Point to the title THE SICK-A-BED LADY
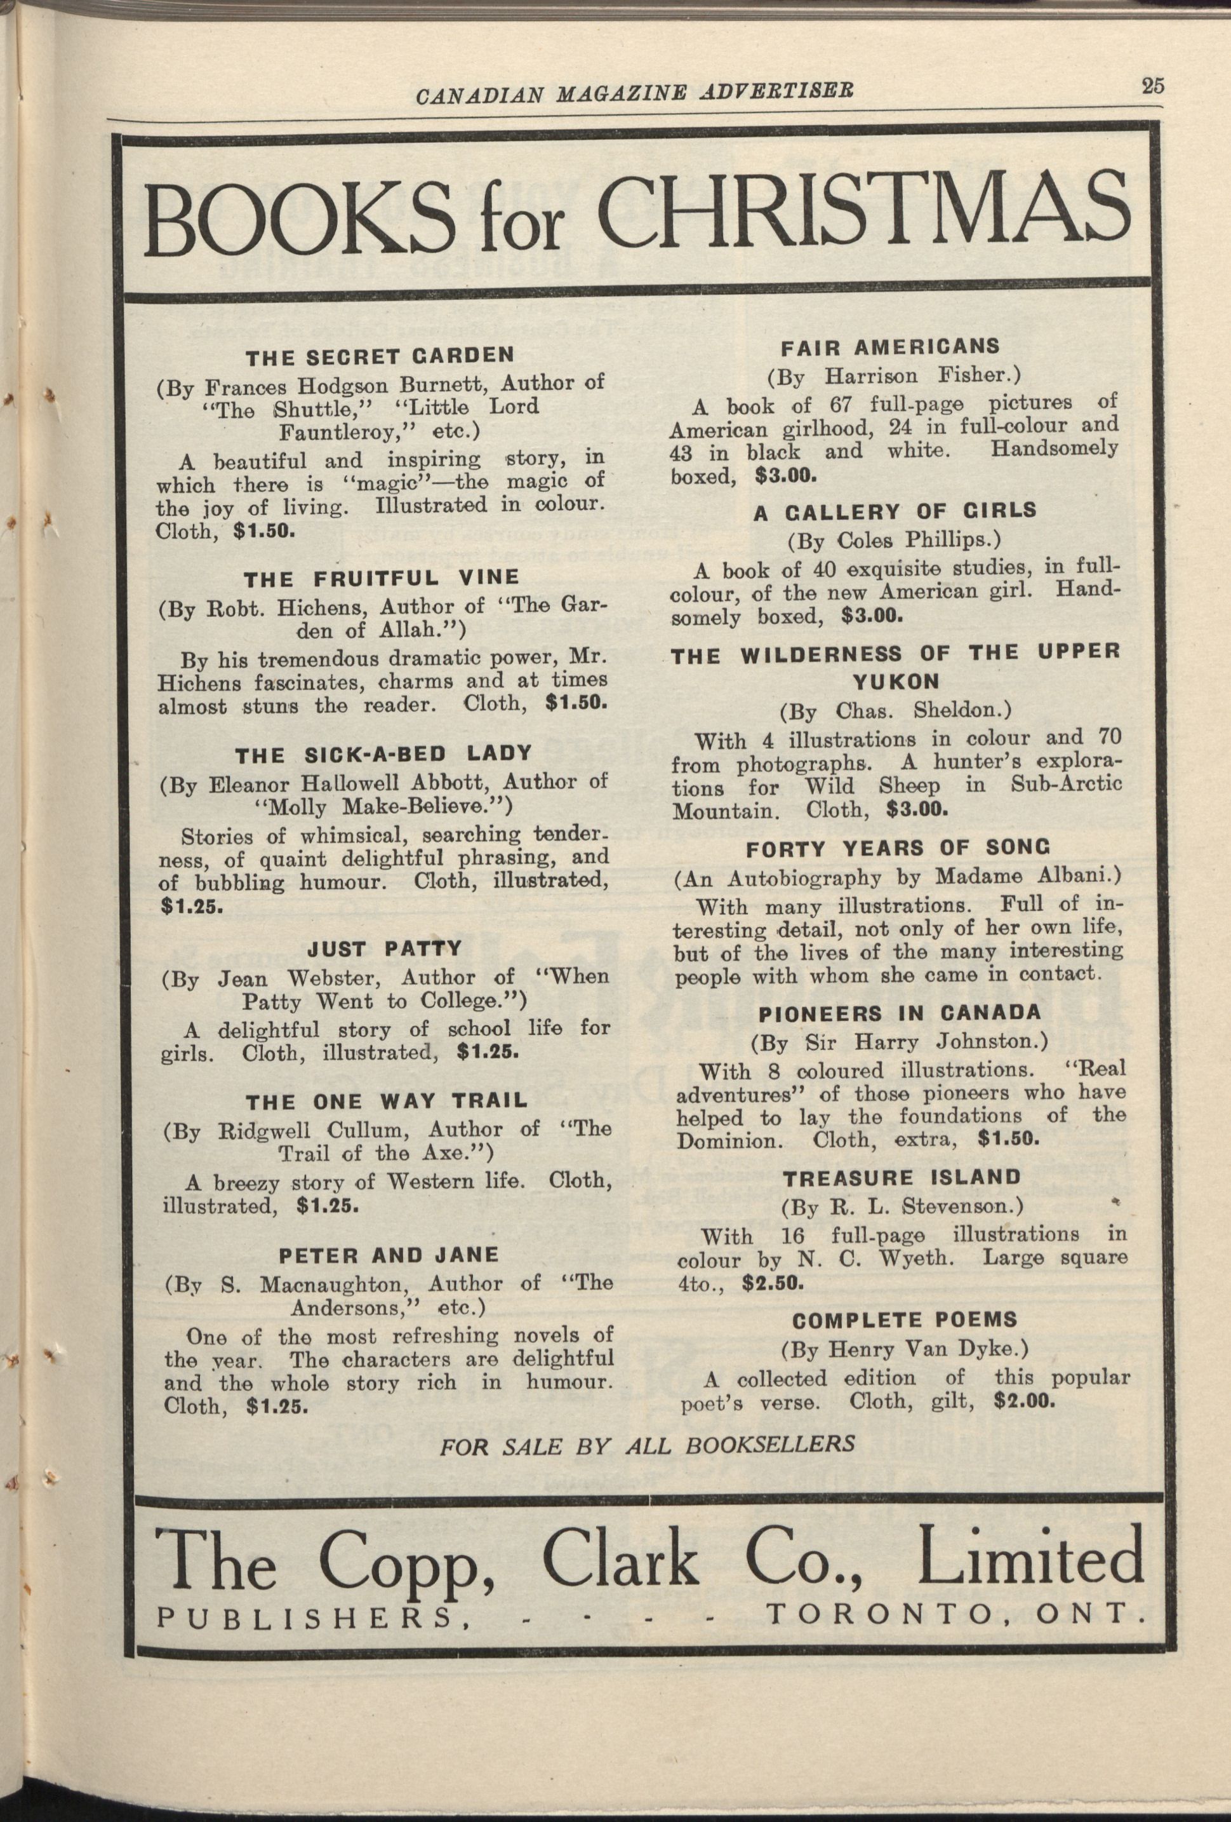click(x=384, y=753)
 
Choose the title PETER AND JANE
click(x=389, y=1255)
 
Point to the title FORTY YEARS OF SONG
click(x=897, y=847)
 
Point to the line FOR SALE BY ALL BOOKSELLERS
click(x=646, y=1445)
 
